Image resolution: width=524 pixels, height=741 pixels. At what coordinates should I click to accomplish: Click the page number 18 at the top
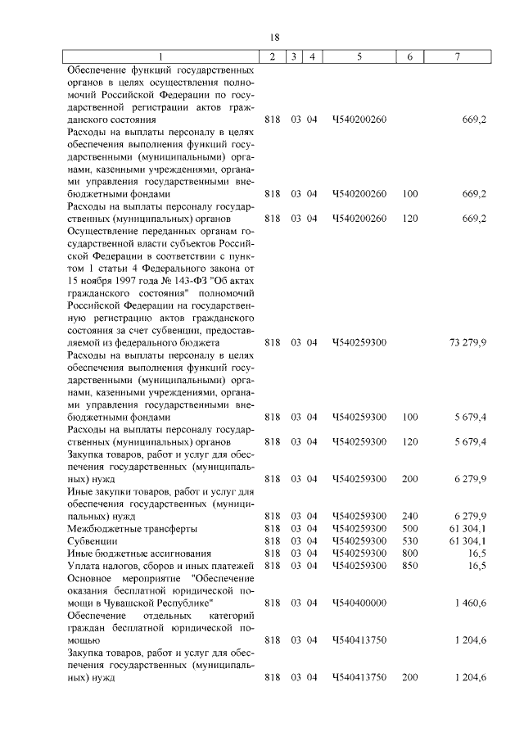coord(274,38)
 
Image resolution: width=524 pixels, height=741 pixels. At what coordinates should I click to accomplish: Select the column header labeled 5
coord(359,56)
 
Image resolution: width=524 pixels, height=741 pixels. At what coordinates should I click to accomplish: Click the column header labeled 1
coord(160,56)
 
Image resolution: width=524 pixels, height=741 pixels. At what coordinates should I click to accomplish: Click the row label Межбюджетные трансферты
coord(120,528)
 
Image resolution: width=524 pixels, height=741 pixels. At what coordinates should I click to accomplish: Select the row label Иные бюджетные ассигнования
coord(129,553)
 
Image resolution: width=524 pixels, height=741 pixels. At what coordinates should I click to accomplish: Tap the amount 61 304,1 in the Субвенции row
coord(468,540)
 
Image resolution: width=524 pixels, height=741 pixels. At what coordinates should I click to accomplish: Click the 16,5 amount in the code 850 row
coord(477,565)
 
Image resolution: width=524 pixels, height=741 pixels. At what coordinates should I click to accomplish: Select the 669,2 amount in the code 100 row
coord(474,194)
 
